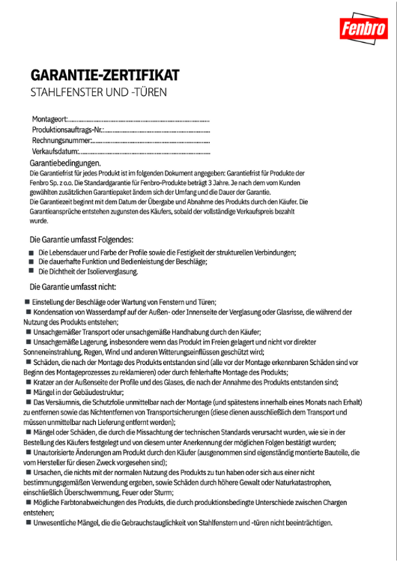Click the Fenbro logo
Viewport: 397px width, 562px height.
point(363,30)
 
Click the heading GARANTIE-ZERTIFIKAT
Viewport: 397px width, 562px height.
point(104,76)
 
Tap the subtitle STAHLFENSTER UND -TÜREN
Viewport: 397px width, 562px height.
point(98,93)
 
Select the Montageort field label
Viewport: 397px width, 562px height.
point(49,119)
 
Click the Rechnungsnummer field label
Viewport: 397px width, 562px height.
point(61,140)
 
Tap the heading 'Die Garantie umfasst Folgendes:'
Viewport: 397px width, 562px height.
point(81,239)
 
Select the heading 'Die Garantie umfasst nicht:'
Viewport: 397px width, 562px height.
point(72,286)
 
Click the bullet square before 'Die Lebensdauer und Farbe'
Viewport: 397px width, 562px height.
point(31,253)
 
